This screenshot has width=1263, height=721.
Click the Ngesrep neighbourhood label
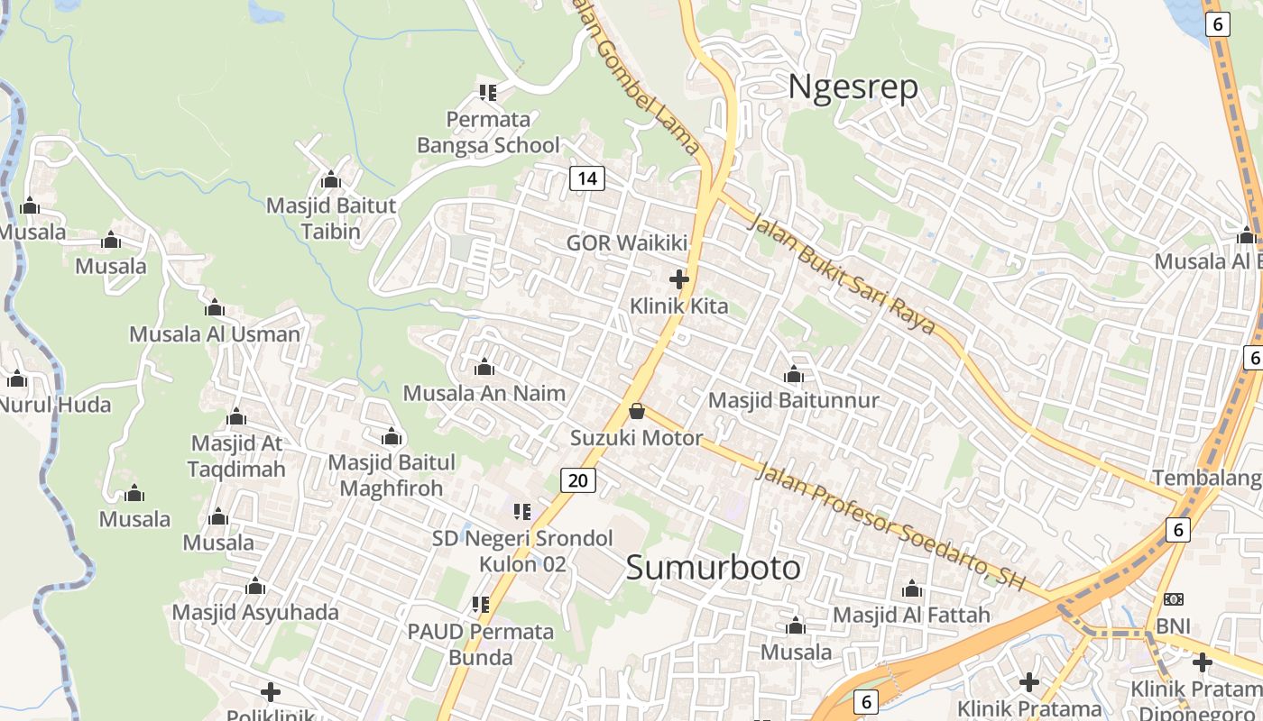pos(853,87)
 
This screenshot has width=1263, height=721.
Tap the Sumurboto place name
pos(713,568)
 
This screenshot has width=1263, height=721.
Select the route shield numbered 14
pos(586,178)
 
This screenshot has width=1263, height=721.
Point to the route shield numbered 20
pos(578,480)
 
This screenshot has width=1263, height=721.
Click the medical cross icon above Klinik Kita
pos(679,280)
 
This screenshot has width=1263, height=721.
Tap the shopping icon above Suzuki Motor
pos(637,412)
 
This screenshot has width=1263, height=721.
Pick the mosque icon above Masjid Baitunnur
pos(794,374)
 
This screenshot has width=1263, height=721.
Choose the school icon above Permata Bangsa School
pos(488,92)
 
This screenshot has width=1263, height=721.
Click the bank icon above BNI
pos(1174,599)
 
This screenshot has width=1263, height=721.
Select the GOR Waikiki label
pos(627,242)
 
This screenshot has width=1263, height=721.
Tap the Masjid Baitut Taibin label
pos(330,218)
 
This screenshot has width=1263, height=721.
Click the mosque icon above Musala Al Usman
pos(215,308)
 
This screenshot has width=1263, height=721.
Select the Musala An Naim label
pos(484,393)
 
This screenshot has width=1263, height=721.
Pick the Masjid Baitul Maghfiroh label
pos(392,475)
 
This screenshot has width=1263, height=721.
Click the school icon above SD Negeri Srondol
pos(521,513)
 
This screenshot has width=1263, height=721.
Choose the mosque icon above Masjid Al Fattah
pos(912,589)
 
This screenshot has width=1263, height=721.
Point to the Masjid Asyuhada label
pos(255,613)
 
